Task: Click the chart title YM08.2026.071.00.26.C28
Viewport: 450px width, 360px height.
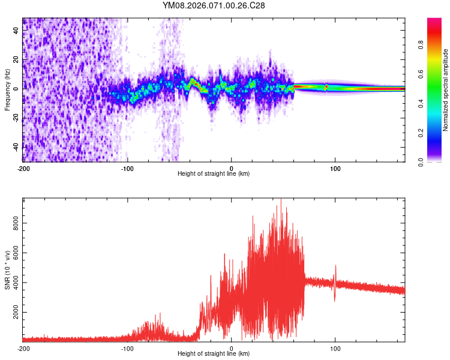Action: click(214, 5)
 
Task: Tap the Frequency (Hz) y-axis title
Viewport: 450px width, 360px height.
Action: click(7, 90)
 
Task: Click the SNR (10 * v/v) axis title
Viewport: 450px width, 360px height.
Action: click(7, 271)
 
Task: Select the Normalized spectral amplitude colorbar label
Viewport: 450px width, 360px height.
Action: click(445, 90)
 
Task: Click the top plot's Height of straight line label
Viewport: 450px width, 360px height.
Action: click(214, 173)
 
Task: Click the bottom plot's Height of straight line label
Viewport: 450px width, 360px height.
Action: click(214, 353)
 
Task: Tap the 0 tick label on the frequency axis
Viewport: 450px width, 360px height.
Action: click(17, 89)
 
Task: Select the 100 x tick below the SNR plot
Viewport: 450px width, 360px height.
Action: click(335, 347)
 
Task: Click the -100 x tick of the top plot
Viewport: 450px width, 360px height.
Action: click(127, 167)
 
